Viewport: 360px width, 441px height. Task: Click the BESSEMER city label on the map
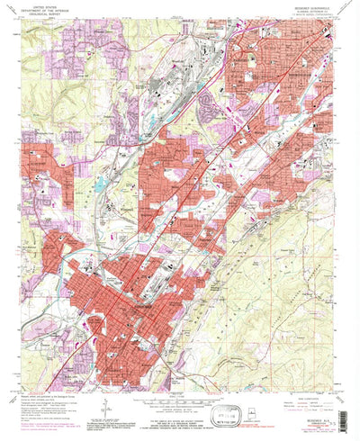137,306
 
